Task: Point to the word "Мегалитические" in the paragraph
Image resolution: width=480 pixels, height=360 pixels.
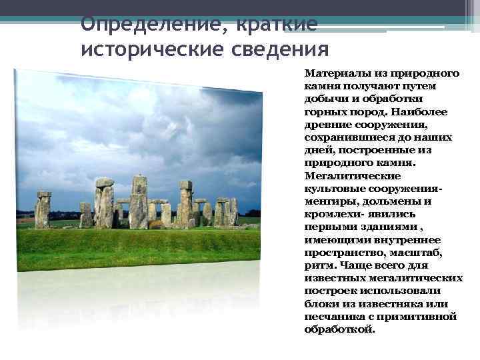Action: coord(343,176)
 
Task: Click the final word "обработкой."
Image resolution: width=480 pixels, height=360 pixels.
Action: coord(339,329)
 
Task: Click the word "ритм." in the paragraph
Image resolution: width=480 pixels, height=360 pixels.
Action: coord(318,265)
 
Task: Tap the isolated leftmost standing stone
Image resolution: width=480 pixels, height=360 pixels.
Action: coord(43,210)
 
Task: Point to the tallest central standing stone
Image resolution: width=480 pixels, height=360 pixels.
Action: coord(139,203)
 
